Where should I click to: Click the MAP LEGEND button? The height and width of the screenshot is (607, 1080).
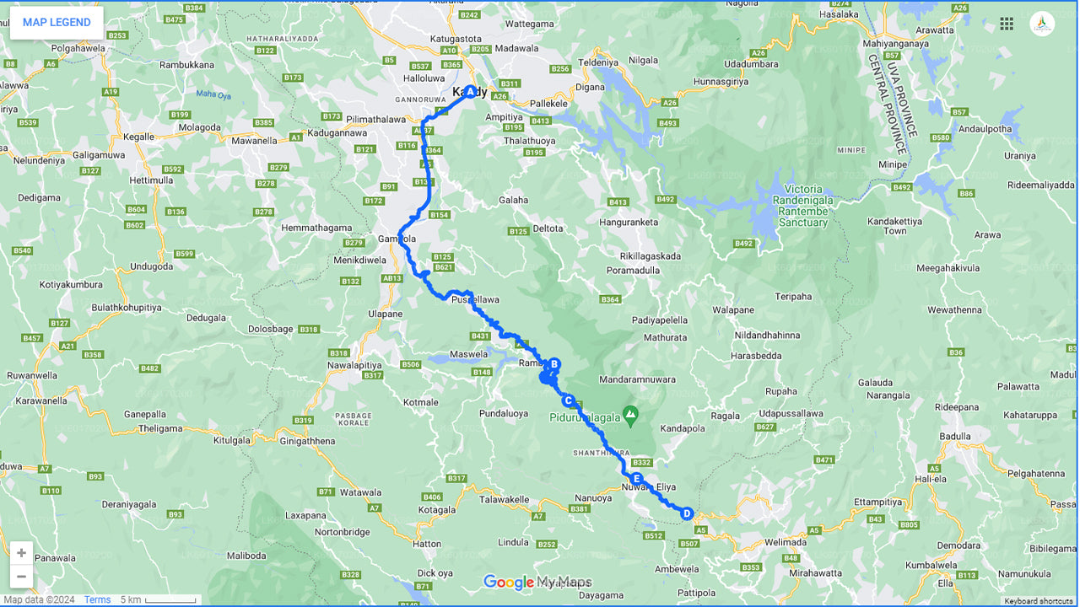57,23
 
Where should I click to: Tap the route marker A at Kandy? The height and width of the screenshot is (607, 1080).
470,91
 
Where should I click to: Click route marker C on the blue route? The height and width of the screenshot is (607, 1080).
569,400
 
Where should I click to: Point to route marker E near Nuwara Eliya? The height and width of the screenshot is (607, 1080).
637,479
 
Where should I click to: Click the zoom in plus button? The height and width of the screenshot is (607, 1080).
21,553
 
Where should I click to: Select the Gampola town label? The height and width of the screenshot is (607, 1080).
397,239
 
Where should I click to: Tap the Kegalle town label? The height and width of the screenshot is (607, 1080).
139,137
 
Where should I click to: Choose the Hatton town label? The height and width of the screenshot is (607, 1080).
427,544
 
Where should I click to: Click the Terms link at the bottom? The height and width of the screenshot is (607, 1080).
97,600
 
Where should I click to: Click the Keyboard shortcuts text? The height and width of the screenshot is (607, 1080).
1038,601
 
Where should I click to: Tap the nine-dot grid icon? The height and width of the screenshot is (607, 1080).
1007,24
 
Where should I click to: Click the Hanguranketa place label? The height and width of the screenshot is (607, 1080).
628,222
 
